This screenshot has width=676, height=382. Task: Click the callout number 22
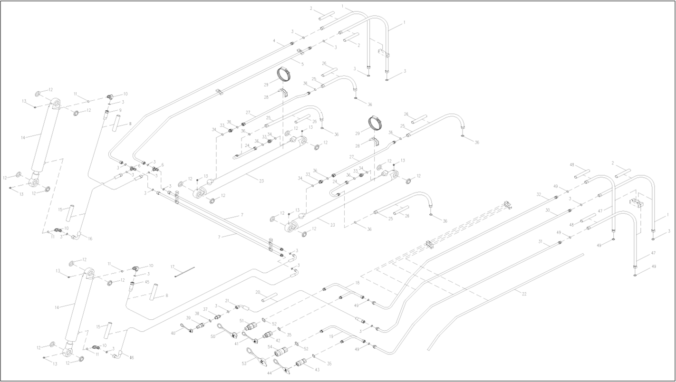coord(524,294)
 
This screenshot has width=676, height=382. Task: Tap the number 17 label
coord(173,267)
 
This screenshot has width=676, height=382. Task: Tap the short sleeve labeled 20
coord(269,299)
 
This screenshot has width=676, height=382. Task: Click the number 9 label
coord(120,110)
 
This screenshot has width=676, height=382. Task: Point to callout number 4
coord(274,41)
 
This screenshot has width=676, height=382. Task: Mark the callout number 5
coord(302,64)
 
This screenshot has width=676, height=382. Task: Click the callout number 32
coord(539,195)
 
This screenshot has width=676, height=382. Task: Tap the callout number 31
coord(541,241)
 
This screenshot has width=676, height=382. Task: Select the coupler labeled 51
coord(251,327)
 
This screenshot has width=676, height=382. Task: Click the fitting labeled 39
coord(201,326)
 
